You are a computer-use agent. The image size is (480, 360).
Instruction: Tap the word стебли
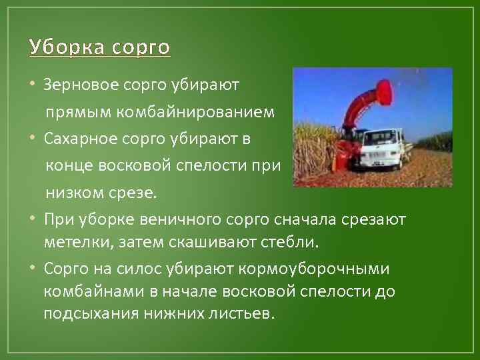pyautogui.click(x=294, y=242)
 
